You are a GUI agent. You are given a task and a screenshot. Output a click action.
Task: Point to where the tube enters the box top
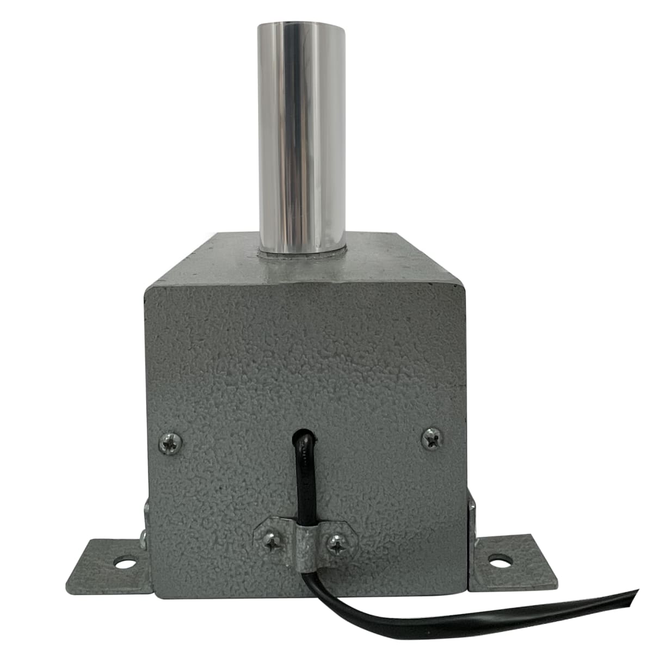click(303, 251)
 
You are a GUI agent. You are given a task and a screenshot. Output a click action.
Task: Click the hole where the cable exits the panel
click(305, 435)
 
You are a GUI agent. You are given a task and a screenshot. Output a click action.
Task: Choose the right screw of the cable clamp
click(337, 544)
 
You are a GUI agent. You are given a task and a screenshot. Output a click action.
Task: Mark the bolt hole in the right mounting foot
click(497, 559)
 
